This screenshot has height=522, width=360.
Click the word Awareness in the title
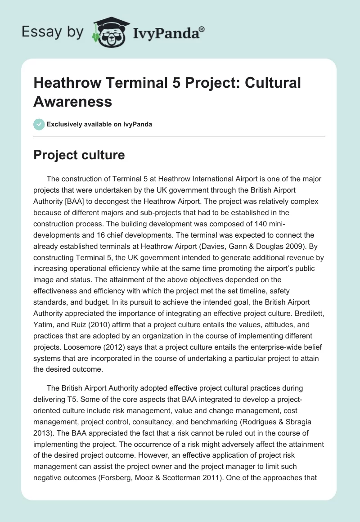(73, 101)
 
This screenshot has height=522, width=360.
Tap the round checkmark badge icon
(39, 124)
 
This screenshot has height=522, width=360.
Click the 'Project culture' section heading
(79, 156)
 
